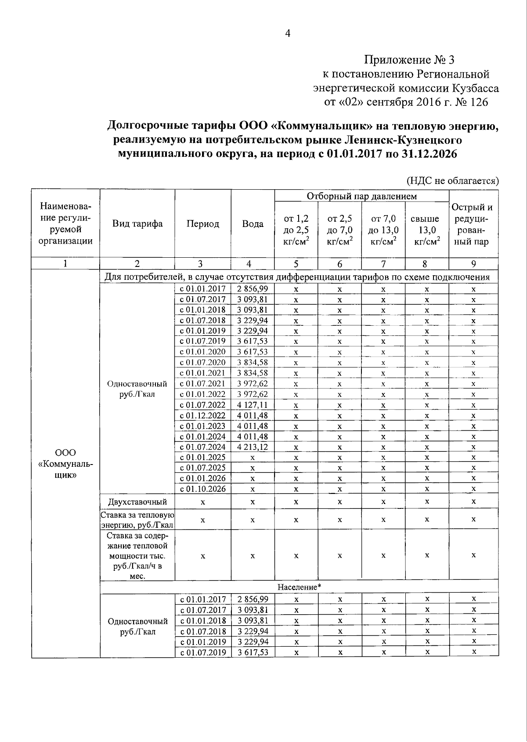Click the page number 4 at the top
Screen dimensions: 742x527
click(288, 34)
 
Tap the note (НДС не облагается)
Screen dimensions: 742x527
click(452, 180)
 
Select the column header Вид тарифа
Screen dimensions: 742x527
click(137, 223)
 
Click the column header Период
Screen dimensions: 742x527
click(202, 223)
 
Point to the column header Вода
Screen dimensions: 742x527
click(253, 223)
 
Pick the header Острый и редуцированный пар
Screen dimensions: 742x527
click(473, 224)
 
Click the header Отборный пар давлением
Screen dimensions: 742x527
click(361, 196)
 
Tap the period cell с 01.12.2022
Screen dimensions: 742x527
click(202, 415)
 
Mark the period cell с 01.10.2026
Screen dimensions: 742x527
click(202, 489)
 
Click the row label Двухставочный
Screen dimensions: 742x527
click(137, 501)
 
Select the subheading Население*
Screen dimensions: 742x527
click(299, 587)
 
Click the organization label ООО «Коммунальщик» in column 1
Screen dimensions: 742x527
click(65, 464)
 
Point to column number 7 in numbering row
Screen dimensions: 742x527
click(383, 264)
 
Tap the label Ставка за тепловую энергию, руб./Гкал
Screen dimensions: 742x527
click(137, 519)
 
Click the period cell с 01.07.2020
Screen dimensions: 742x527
click(202, 363)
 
